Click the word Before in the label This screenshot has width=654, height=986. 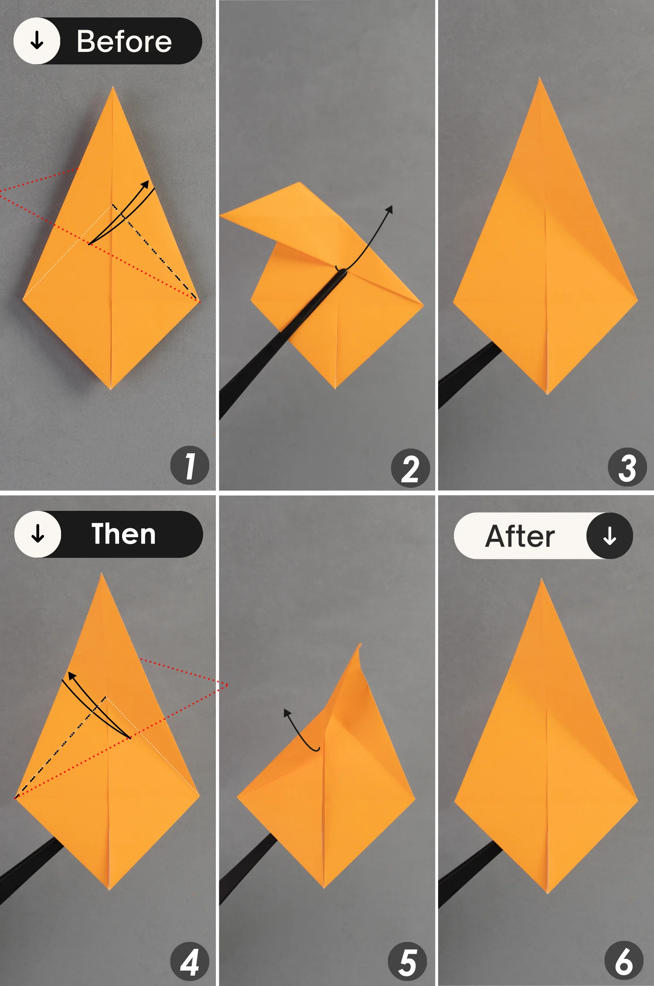click(124, 41)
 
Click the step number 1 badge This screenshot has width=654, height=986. click(190, 465)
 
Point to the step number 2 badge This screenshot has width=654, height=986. click(410, 468)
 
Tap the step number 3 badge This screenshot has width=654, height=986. click(627, 467)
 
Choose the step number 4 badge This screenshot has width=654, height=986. click(190, 962)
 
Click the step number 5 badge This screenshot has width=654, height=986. click(407, 962)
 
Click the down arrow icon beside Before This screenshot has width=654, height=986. click(37, 41)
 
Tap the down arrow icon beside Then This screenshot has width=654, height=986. click(38, 534)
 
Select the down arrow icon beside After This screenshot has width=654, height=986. click(610, 536)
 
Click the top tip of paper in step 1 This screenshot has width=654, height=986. click(113, 88)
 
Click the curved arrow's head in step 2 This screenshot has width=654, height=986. click(389, 209)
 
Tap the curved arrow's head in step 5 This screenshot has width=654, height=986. click(287, 712)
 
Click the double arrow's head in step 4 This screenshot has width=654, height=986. click(72, 676)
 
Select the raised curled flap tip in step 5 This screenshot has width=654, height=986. click(360, 644)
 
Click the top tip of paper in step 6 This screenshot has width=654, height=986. click(542, 580)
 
